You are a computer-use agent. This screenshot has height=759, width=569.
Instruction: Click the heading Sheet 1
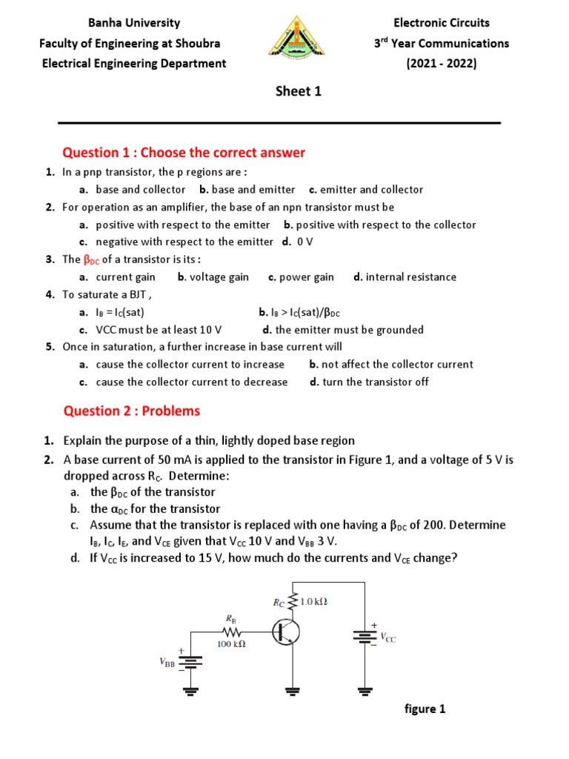(299, 91)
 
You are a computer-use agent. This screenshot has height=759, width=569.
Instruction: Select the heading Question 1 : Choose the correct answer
(184, 153)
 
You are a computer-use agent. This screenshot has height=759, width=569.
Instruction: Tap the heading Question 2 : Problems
(131, 411)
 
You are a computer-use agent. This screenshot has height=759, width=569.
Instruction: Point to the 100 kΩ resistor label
(231, 645)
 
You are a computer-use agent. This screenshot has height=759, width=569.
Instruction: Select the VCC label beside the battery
(388, 637)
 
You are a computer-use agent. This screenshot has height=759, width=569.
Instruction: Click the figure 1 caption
(425, 709)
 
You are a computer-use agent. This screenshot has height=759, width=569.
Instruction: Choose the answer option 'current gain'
(125, 277)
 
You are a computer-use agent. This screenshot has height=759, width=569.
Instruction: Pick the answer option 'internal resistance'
(410, 277)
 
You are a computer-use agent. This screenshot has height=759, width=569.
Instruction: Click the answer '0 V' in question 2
(305, 242)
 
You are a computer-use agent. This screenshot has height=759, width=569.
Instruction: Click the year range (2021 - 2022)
(442, 63)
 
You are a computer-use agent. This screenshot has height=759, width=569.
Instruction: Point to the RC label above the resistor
(279, 603)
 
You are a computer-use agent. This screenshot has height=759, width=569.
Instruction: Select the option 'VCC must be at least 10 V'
(159, 330)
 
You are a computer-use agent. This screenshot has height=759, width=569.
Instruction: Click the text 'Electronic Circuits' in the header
(442, 23)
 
